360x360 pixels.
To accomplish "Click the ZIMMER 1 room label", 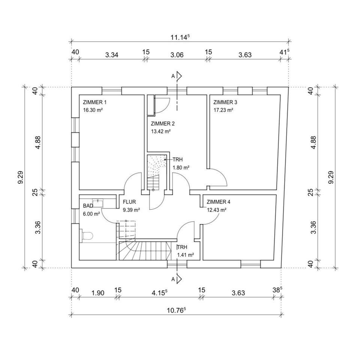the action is click(x=95, y=102).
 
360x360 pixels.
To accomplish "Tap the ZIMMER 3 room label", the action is click(x=225, y=102).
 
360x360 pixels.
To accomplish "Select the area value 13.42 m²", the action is click(x=161, y=132).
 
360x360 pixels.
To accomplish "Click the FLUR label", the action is click(x=129, y=202).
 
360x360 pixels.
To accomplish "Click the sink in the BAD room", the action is click(x=98, y=203).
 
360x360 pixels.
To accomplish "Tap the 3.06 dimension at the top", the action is click(x=177, y=55).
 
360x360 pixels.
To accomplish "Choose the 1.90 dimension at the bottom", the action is click(x=97, y=293).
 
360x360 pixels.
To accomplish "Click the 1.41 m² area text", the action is click(x=186, y=255).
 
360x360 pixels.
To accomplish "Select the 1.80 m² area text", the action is click(x=181, y=168).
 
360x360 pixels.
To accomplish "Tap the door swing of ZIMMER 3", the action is click(x=220, y=177).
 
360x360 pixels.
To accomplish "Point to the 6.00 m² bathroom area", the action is click(x=91, y=214).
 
